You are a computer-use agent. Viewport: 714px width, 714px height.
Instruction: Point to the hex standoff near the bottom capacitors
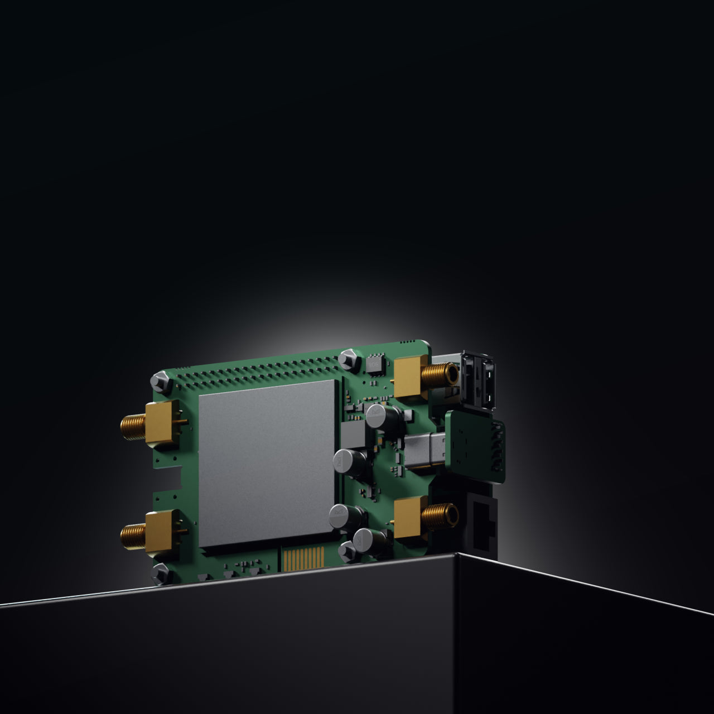[x=347, y=551]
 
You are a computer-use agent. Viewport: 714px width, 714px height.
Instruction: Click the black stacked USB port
[x=479, y=382]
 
